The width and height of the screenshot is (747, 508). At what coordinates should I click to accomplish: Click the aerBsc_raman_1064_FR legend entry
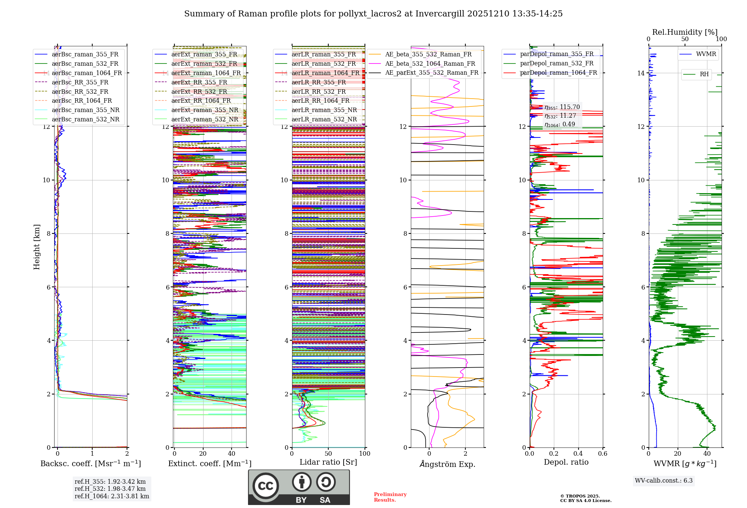(87, 73)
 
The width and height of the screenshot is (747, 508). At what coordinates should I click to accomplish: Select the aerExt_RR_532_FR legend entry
(199, 92)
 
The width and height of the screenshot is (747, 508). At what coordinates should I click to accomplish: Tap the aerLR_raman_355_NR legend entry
(324, 110)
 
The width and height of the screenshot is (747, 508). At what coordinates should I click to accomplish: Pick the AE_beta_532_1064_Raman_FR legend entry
(430, 63)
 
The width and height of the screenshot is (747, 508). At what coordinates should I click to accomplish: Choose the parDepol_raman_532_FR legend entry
(557, 63)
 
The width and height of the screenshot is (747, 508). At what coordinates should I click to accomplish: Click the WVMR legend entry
(706, 54)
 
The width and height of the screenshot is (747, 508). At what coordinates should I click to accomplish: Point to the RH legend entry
(704, 74)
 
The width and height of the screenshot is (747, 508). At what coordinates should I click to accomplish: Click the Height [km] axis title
(37, 247)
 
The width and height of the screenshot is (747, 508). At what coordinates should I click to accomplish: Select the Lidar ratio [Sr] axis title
(328, 462)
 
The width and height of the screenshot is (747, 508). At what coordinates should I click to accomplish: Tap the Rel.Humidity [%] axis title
(685, 32)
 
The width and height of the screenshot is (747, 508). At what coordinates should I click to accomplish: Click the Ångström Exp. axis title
(447, 464)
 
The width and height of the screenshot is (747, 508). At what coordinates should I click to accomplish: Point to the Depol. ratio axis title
(566, 462)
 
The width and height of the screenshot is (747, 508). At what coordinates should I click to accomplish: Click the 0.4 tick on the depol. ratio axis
(578, 453)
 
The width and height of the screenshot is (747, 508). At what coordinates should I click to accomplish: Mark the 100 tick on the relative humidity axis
(721, 39)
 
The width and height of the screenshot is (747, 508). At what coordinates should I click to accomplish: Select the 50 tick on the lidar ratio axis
(328, 453)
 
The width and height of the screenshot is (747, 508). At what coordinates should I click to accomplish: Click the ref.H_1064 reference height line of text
(112, 496)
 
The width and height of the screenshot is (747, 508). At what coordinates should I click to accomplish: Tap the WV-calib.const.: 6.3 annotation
(664, 480)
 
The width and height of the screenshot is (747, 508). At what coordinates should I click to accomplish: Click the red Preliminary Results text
(390, 497)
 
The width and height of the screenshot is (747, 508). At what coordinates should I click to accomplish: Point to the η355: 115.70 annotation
(562, 107)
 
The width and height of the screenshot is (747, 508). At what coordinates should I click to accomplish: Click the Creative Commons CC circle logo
(266, 486)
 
